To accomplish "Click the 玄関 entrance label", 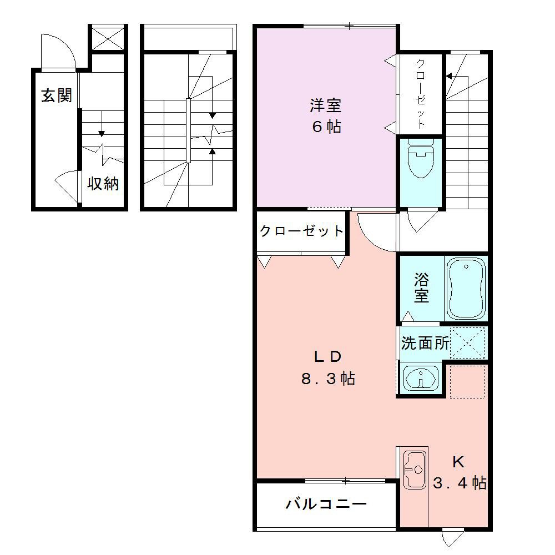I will tap(57, 96).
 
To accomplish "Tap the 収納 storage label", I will tap(103, 183).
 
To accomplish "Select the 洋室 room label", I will tap(325, 105).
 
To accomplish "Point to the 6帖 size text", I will tap(325, 127).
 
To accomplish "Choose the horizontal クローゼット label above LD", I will tap(302, 231).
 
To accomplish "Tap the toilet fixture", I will tap(420, 159).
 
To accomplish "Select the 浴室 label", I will tap(421, 287).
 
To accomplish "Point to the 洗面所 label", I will tap(425, 343).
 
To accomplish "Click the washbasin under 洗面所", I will tap(420, 379).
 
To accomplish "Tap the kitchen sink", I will tap(414, 470).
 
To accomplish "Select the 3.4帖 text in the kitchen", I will tap(460, 483).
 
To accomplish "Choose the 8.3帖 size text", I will tap(327, 379).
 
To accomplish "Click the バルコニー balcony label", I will tap(326, 504).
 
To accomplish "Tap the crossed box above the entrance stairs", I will tap(108, 38).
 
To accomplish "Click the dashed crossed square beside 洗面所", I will tap(467, 342).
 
